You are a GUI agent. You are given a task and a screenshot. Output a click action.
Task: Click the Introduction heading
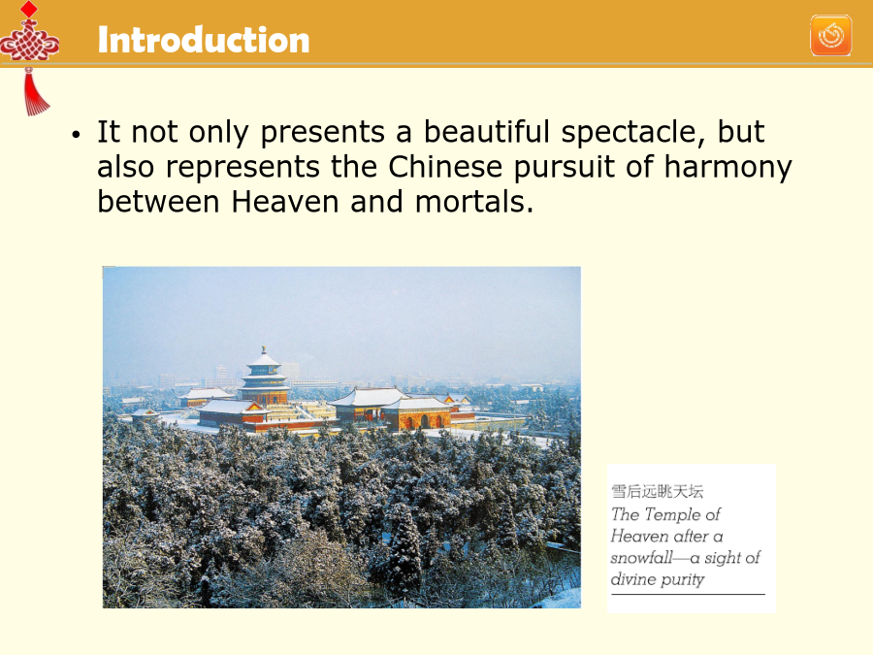click(x=204, y=40)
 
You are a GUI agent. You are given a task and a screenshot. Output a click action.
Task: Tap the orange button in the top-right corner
click(x=830, y=36)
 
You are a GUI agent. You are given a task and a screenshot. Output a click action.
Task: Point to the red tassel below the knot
click(x=35, y=92)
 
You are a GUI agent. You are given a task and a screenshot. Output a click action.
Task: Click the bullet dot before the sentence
click(x=77, y=134)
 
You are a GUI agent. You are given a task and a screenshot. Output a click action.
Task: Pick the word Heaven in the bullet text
click(x=284, y=201)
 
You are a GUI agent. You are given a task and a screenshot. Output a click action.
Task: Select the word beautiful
click(x=487, y=131)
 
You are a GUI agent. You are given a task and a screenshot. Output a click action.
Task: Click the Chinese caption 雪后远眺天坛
click(x=657, y=491)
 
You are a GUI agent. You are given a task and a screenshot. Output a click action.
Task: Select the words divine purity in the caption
click(x=658, y=580)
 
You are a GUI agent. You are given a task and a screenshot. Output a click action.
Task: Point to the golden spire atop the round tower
click(x=263, y=350)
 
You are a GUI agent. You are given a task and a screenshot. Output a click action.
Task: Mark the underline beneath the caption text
click(x=688, y=594)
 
